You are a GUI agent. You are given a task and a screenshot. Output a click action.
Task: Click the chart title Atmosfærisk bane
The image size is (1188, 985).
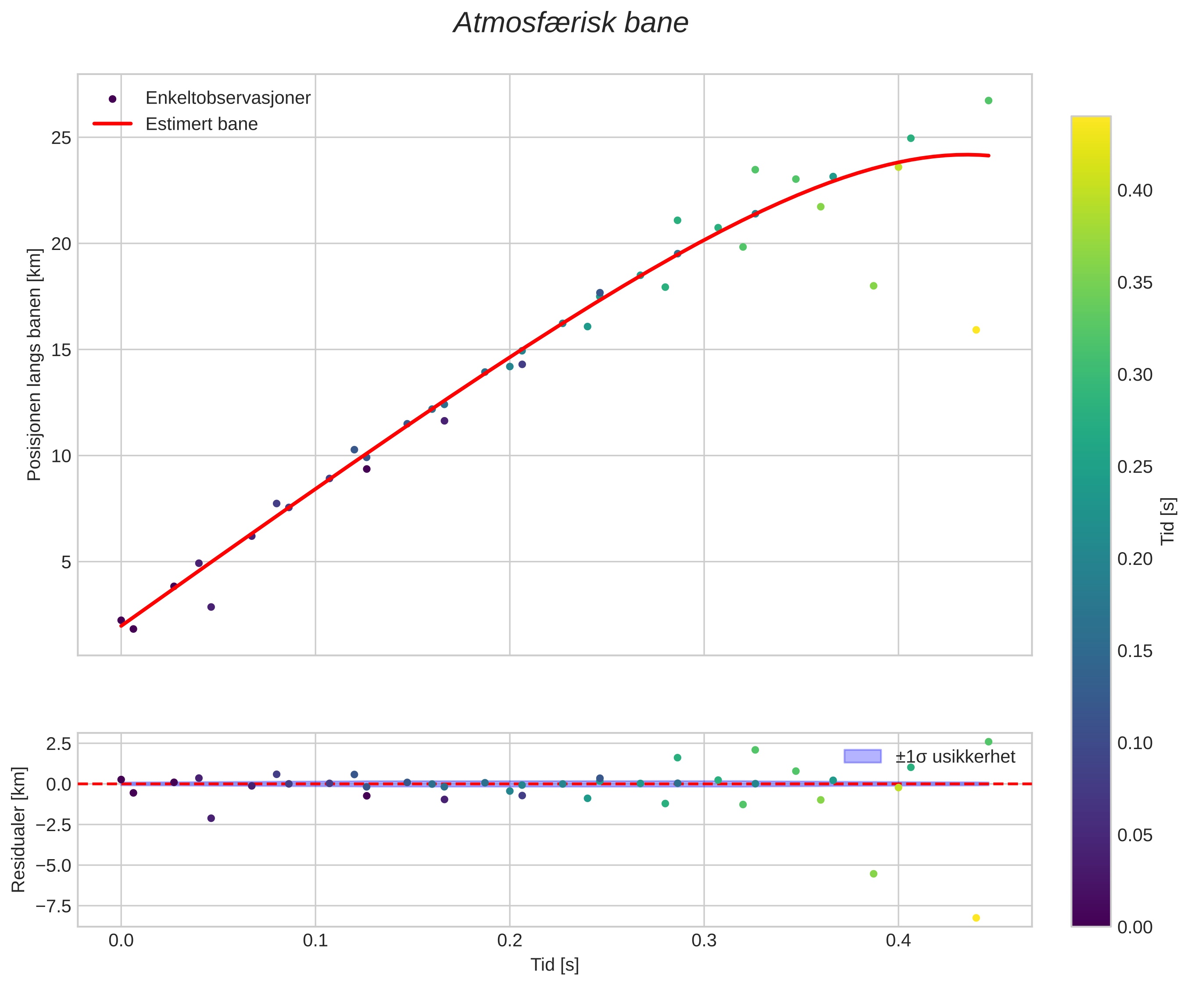[571, 24]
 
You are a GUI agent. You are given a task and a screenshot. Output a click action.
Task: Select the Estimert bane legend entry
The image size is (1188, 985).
[201, 124]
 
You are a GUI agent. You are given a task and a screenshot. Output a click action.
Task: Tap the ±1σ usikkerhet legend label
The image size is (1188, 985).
[955, 757]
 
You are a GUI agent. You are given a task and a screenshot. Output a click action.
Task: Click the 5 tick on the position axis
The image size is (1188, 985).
[66, 562]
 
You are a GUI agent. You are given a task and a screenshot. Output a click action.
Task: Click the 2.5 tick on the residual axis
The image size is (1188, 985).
[58, 743]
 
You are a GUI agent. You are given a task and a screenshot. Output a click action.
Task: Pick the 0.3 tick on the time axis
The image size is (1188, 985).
[704, 941]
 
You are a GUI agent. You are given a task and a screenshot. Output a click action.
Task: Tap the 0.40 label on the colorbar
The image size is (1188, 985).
[1134, 191]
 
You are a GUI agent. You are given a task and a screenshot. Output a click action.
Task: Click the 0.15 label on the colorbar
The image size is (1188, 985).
[1134, 651]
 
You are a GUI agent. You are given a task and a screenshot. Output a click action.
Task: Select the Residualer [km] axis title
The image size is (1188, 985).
[19, 829]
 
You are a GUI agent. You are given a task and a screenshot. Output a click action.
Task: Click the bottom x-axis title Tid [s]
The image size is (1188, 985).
[555, 965]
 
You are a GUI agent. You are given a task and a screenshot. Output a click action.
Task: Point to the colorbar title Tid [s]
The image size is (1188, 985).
[1168, 521]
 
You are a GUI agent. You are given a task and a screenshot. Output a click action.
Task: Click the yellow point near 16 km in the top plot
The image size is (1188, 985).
[976, 330]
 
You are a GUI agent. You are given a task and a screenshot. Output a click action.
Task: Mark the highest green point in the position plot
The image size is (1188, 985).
[988, 100]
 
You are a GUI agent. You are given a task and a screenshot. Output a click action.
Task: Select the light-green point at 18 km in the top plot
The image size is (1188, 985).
[873, 286]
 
